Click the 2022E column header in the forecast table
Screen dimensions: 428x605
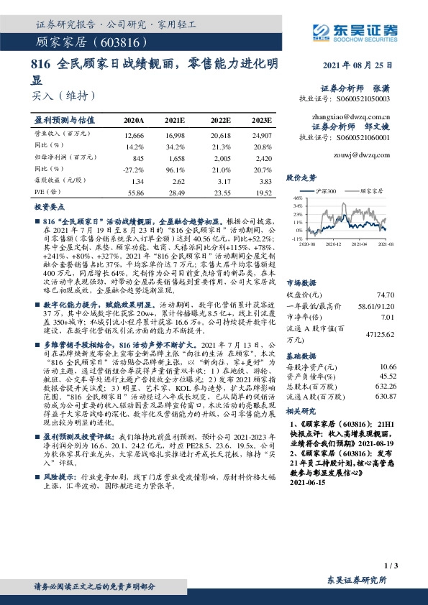coord(222,120)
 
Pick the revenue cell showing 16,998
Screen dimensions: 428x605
coord(176,135)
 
